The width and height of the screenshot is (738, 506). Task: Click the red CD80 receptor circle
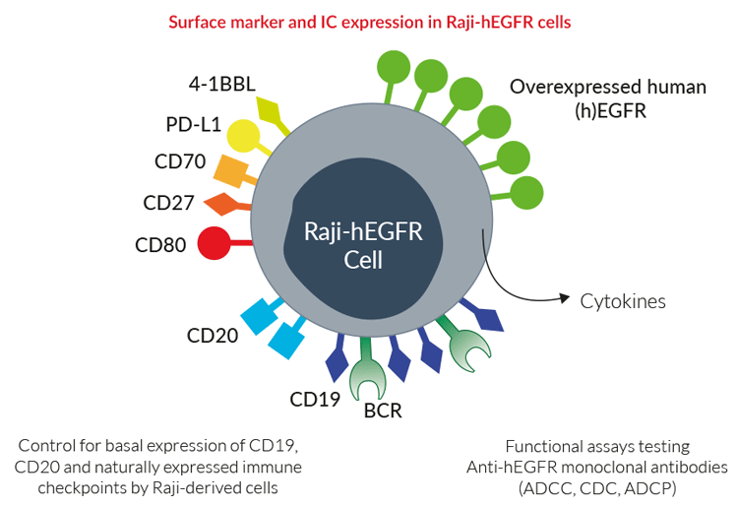[x=215, y=243]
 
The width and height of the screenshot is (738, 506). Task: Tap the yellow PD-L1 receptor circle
[x=243, y=136]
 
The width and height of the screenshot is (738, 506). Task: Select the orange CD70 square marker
[x=230, y=171]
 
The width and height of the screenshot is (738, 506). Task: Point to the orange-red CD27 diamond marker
[x=221, y=204]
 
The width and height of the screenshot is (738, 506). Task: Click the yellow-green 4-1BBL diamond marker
[x=270, y=111]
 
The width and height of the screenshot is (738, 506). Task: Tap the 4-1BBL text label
[x=222, y=84]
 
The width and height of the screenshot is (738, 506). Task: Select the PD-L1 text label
[x=194, y=125]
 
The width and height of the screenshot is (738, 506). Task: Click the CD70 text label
[x=180, y=161]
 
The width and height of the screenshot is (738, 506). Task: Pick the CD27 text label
[x=168, y=203]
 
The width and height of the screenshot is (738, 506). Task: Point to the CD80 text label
[x=160, y=245]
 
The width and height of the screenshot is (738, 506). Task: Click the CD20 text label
[x=213, y=336]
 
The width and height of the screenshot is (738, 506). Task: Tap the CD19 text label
[x=315, y=399]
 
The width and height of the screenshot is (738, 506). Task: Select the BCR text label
[x=383, y=411]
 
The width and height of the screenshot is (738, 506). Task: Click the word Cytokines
[x=623, y=301]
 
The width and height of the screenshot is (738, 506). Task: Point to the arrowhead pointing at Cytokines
[x=565, y=298]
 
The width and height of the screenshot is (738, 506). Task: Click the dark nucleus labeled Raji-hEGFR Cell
[x=363, y=239]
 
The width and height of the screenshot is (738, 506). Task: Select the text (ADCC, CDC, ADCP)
[x=597, y=488]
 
